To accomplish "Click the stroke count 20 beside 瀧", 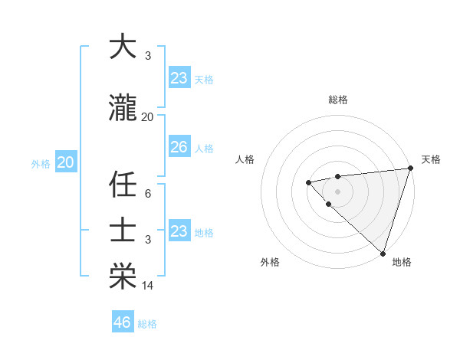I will [147, 117].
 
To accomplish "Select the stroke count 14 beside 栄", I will [147, 286].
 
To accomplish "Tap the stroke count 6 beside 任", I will [147, 194].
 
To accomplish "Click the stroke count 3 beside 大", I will [147, 56].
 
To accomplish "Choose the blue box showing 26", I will [179, 147].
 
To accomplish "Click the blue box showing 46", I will [122, 322].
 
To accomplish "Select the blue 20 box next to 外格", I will [65, 162].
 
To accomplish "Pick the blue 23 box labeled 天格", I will [179, 78].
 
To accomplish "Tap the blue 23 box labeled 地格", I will [179, 231].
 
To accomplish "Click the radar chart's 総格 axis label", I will [338, 100].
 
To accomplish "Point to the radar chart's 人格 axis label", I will [245, 159].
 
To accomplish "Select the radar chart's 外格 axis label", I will [270, 262].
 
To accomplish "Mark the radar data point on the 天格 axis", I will [409, 169].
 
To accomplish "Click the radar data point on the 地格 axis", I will [381, 252].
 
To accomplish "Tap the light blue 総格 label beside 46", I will [147, 324].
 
